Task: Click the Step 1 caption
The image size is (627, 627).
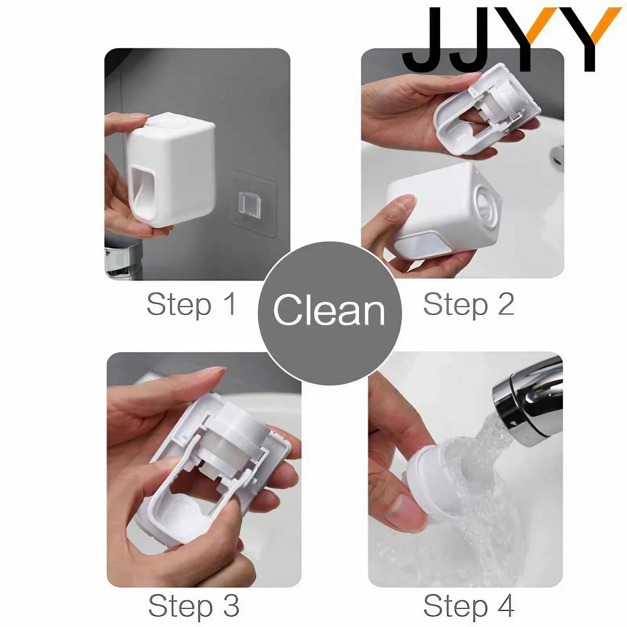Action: click(x=192, y=304)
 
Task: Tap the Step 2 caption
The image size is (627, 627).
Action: click(x=469, y=304)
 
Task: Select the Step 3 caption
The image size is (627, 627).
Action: click(x=194, y=605)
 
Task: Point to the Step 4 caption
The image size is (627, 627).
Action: click(x=469, y=605)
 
